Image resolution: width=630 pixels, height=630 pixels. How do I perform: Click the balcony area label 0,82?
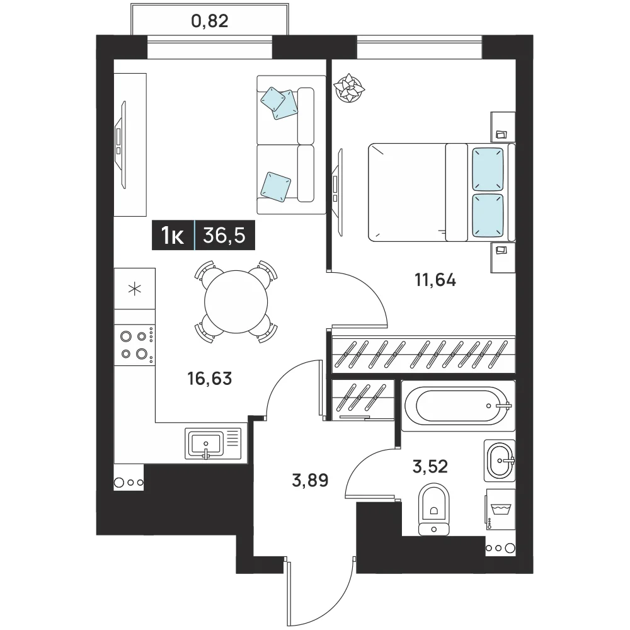tap(209, 21)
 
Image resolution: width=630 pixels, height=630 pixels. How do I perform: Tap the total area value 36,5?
tap(224, 235)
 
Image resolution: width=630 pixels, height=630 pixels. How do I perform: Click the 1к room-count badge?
tap(173, 236)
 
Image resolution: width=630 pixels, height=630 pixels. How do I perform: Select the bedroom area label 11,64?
tap(435, 280)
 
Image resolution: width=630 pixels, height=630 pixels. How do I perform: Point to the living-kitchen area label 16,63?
tap(210, 379)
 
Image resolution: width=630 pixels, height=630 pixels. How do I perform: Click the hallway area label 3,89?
tap(310, 480)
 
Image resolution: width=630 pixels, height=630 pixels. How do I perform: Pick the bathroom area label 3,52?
tap(430, 466)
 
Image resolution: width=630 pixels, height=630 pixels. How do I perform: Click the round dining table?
tap(236, 302)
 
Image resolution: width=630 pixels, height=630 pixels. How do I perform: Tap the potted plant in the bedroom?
tap(349, 88)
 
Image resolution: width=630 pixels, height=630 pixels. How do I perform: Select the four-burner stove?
tap(135, 345)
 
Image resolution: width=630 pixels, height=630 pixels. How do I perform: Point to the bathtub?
tap(458, 406)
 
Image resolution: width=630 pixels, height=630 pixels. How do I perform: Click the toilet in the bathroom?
tap(433, 510)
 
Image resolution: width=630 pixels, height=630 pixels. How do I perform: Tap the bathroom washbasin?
tap(500, 460)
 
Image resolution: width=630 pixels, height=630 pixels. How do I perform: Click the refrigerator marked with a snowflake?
tap(135, 289)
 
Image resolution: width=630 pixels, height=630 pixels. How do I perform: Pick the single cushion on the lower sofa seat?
tap(276, 186)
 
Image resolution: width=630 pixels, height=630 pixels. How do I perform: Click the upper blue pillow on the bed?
tap(488, 169)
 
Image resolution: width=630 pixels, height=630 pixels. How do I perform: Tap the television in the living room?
tap(120, 144)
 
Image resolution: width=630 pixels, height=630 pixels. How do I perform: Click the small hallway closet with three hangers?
tap(364, 400)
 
